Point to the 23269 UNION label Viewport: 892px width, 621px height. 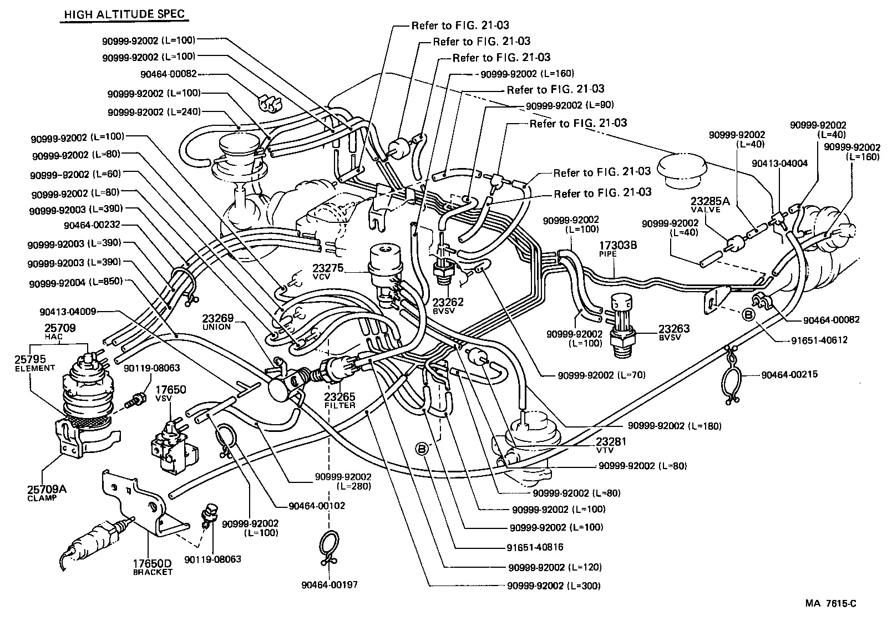coord(217,322)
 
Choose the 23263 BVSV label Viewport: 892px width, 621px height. coord(673,332)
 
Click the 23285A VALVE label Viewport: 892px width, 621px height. coord(706,204)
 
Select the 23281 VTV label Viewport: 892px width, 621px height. coord(611,445)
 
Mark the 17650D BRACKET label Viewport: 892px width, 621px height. coord(152,567)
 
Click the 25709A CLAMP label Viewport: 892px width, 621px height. coord(46,492)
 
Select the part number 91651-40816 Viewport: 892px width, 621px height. coord(535,547)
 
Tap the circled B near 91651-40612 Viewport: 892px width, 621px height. coord(748,315)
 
